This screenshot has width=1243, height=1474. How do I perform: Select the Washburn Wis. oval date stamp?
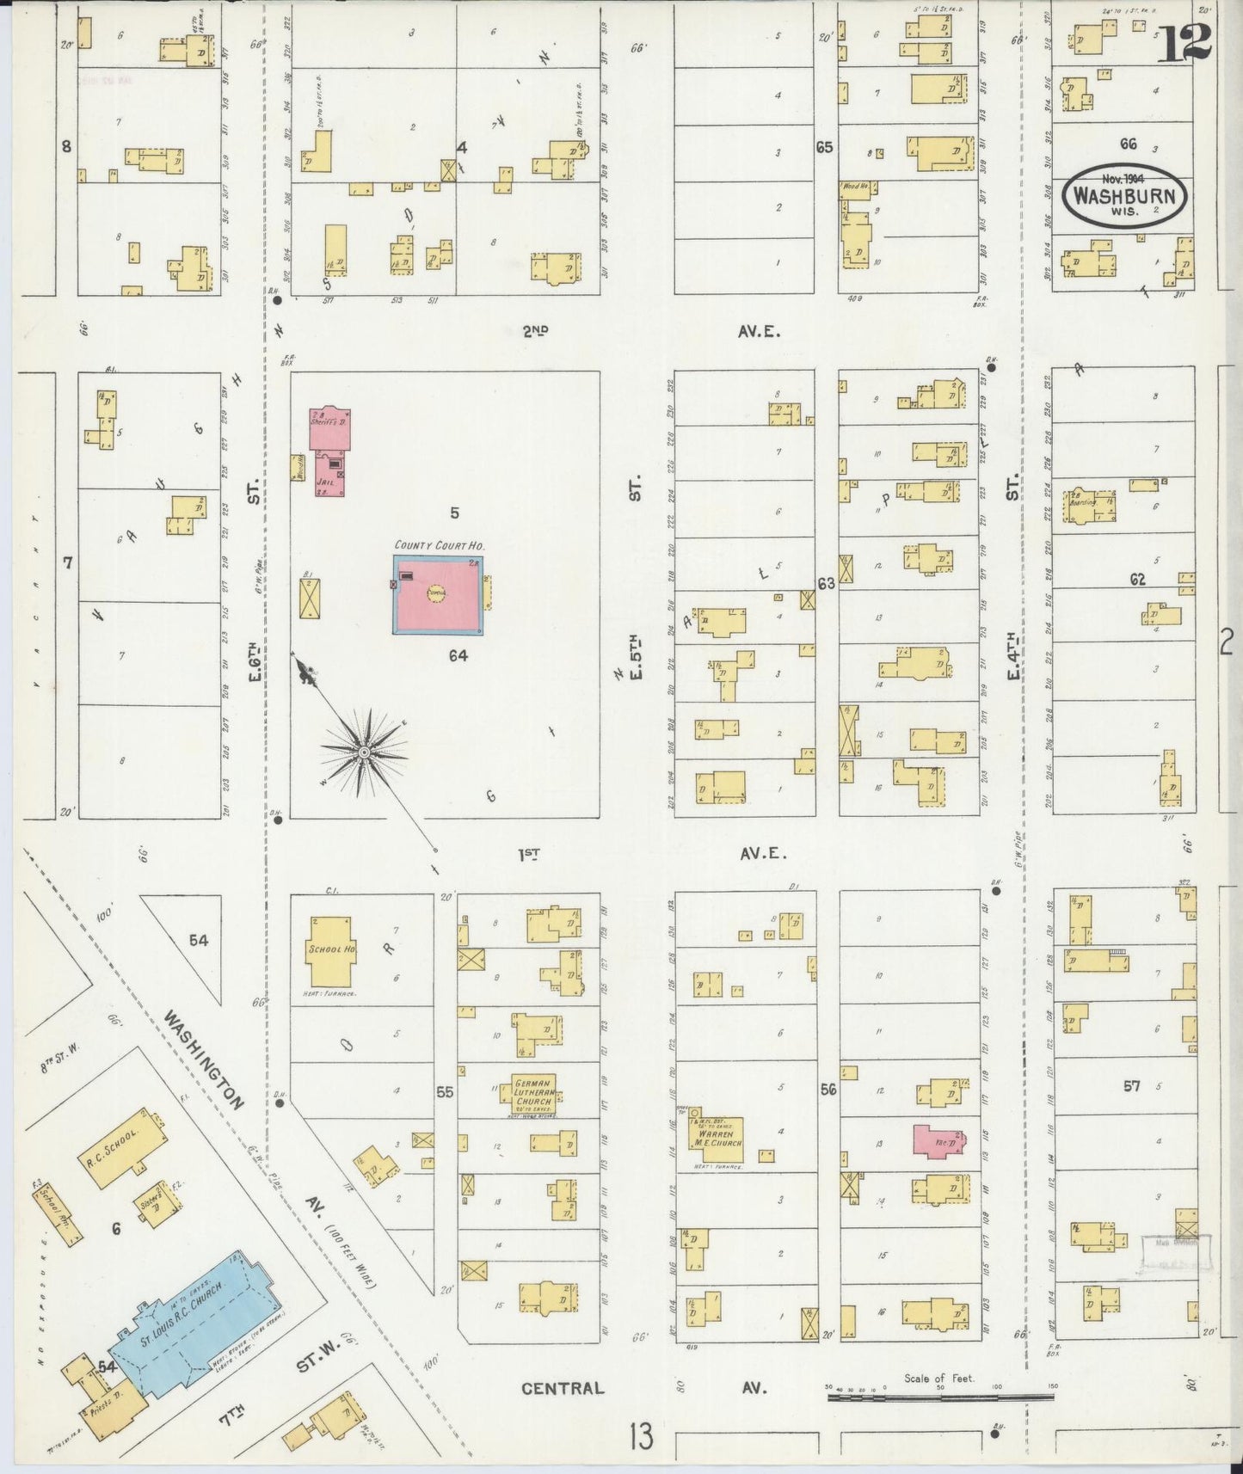pyautogui.click(x=1126, y=195)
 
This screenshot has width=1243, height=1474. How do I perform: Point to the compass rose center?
pyautogui.click(x=364, y=752)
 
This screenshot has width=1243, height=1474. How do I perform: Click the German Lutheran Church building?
pyautogui.click(x=534, y=1095)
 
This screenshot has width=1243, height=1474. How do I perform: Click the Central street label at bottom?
pyautogui.click(x=563, y=1387)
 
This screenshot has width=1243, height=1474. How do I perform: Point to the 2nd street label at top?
pyautogui.click(x=534, y=330)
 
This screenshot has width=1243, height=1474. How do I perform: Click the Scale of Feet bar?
pyautogui.click(x=939, y=1398)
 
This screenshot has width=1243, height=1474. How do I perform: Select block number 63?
pyautogui.click(x=827, y=584)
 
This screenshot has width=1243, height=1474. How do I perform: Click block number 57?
pyautogui.click(x=1131, y=1087)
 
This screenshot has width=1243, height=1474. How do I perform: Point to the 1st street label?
pyautogui.click(x=529, y=854)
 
